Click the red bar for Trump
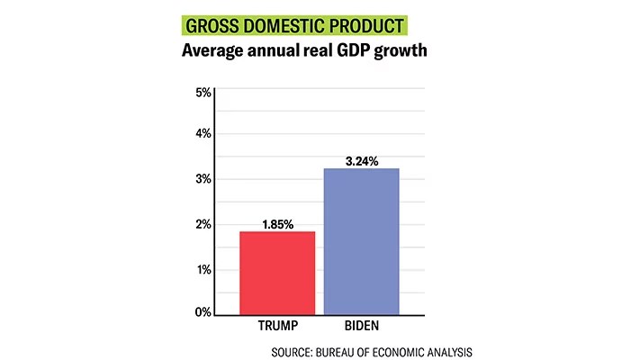[x=277, y=273]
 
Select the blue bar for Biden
[x=360, y=241]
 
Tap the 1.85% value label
[x=278, y=224]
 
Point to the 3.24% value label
[x=361, y=161]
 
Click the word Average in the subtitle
[x=215, y=51]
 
